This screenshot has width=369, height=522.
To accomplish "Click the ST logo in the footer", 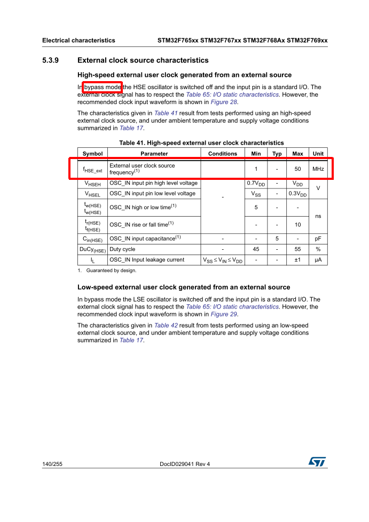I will coord(317,462).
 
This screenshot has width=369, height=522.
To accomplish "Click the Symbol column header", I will coord(92,154).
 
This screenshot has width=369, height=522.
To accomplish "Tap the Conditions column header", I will coord(222,154).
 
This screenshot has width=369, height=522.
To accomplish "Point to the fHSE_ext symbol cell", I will coord(92,170).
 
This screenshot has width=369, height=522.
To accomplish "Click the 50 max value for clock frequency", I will coord(297,169).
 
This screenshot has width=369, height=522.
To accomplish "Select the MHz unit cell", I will coord(318,169).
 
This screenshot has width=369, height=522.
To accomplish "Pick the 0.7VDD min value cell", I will coord(256,184).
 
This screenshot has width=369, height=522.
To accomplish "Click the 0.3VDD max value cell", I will coord(297,194).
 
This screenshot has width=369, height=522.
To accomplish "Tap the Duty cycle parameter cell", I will coord(122,249).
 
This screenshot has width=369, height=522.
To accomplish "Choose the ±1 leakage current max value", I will coord(297,260).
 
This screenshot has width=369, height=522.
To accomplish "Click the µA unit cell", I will coord(318,260).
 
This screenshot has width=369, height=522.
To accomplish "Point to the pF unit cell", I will coord(318,239).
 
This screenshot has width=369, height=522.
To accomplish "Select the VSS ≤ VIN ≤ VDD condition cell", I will coord(222,260).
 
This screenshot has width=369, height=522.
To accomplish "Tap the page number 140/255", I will coord(52,464).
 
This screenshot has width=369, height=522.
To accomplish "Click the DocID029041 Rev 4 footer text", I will coord(185,464).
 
